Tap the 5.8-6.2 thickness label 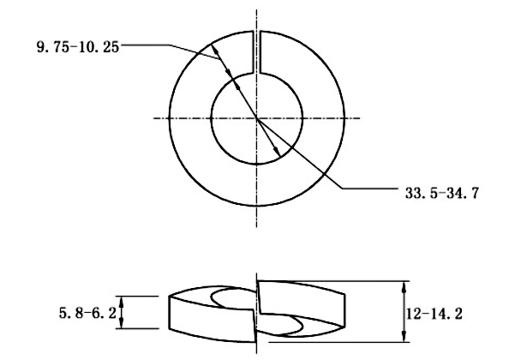tap(86, 313)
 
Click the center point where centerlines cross tap(256, 118)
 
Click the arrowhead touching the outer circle tap(216, 52)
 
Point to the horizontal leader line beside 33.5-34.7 tap(368, 188)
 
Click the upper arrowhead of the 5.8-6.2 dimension tap(122, 300)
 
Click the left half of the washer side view tap(210, 313)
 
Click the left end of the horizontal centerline tap(153, 118)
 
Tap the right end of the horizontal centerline tap(362, 118)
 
